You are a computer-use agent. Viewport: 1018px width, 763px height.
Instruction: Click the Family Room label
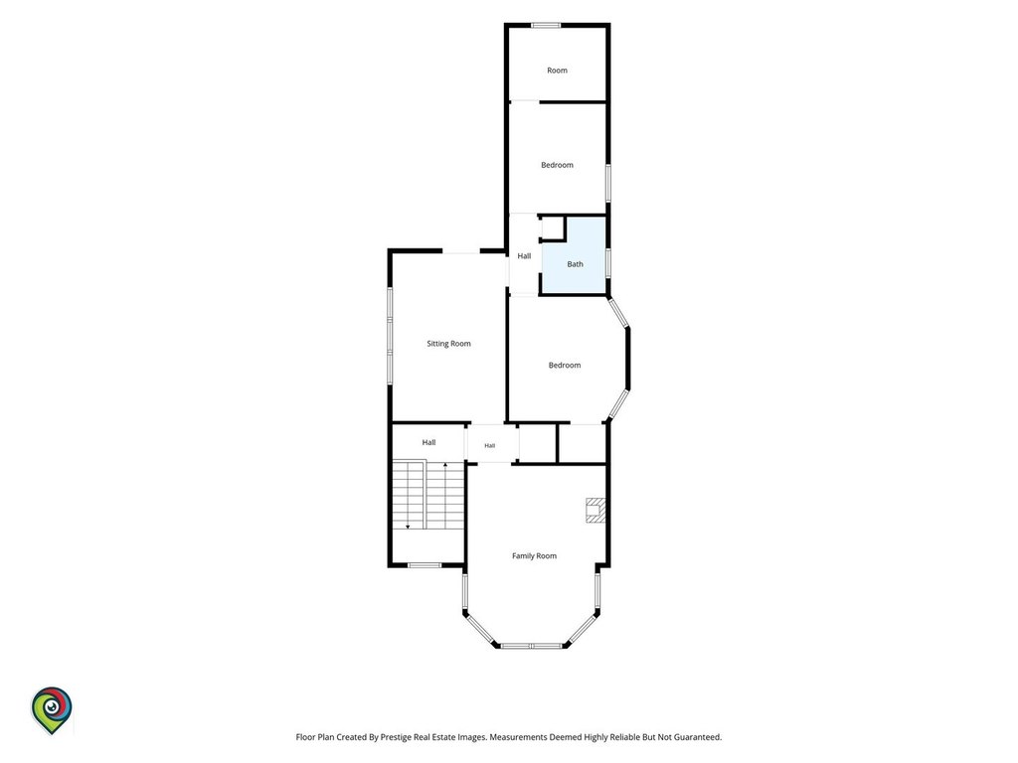coord(534,556)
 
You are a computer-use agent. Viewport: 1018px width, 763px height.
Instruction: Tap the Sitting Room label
coord(448,344)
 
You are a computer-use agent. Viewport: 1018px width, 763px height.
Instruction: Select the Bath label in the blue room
coord(576,264)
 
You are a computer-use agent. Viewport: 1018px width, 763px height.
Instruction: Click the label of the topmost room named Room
coord(557,71)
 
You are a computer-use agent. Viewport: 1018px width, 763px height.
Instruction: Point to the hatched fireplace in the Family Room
coord(595,510)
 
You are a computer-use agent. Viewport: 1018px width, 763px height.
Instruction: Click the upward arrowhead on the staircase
coord(445,465)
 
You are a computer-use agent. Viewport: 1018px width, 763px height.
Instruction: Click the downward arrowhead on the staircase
coord(408,527)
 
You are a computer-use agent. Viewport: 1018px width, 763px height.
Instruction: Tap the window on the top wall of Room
coord(546,25)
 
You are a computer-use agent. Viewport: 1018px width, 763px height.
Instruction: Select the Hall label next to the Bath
coord(524,256)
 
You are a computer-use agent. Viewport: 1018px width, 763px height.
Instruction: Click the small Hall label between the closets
coord(489,446)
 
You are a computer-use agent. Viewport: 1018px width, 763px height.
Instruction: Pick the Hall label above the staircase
coord(428,442)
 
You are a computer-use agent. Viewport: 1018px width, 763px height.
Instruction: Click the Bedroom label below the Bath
coord(565,366)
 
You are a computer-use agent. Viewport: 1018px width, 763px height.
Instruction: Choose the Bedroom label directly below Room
coord(557,166)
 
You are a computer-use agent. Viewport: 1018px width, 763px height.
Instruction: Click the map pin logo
coord(52,710)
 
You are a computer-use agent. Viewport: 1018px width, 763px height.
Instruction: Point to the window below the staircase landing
coord(424,565)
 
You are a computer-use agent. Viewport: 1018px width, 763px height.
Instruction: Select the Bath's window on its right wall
coord(607,262)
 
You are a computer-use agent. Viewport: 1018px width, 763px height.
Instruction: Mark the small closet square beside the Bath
coord(552,229)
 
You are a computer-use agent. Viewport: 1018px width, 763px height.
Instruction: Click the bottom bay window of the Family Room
coord(531,646)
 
